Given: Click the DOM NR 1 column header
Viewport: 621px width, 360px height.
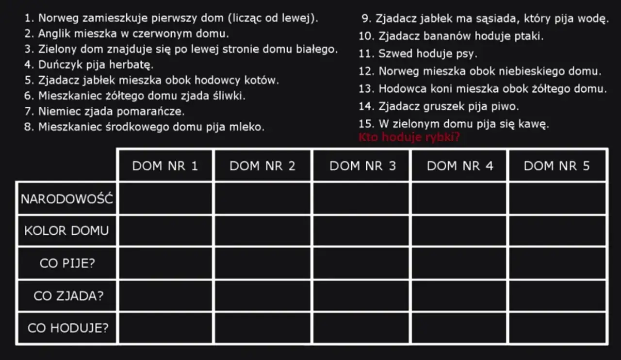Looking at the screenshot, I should point(165,166).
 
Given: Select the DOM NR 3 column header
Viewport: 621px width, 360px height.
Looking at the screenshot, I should point(362,166).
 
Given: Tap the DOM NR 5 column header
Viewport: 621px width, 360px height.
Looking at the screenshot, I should point(557,166).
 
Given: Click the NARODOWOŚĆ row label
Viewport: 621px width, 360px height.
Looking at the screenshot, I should point(67,198).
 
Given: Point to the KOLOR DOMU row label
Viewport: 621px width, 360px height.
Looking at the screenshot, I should point(67,230).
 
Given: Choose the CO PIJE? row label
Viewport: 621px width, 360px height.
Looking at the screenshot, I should point(67,263).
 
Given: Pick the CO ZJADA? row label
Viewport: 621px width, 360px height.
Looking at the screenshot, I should point(67,296).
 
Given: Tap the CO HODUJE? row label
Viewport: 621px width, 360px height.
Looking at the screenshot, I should point(67,328).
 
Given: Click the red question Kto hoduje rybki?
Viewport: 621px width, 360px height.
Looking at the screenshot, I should point(409,137).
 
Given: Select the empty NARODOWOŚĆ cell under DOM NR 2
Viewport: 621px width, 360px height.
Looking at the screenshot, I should point(262,198).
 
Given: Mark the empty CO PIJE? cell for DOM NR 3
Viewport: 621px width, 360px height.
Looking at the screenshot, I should point(362,263).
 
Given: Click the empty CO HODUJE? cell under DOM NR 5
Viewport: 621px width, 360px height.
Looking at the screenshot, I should point(557,328).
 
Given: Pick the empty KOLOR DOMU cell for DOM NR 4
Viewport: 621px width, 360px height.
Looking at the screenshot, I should point(459,230).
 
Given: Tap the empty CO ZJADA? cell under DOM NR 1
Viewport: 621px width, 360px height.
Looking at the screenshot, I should point(165,296).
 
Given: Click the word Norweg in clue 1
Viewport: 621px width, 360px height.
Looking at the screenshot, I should point(56,18).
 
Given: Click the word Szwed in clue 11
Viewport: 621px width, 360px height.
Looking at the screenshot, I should point(393,54).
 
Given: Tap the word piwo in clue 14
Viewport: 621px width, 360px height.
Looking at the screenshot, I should point(507,106).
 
